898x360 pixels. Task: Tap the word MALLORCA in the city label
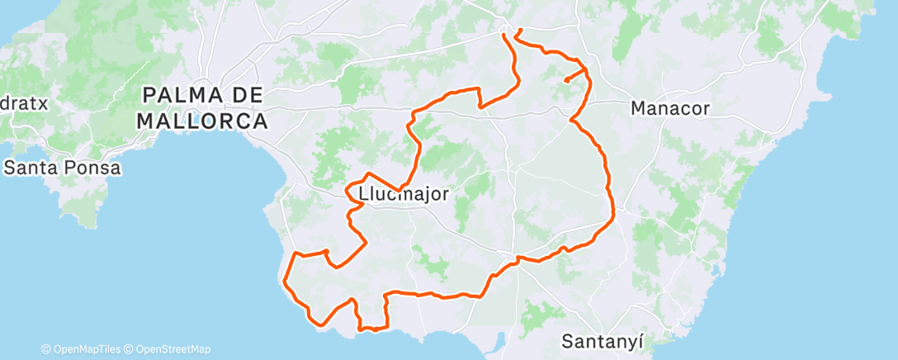click(x=202, y=121)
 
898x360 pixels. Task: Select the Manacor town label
click(x=669, y=107)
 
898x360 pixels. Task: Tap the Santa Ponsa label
click(x=63, y=168)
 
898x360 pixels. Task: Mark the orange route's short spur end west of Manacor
click(x=567, y=81)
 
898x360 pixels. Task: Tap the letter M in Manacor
click(x=638, y=107)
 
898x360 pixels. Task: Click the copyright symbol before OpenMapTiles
click(x=46, y=349)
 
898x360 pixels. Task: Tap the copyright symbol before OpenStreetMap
click(x=129, y=349)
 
